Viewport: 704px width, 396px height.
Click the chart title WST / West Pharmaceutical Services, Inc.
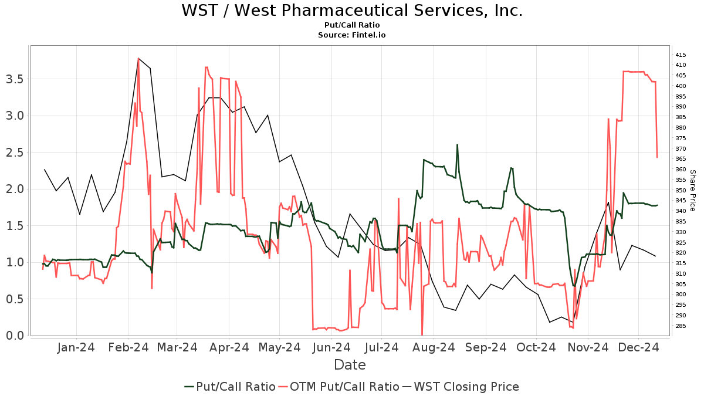pos(351,11)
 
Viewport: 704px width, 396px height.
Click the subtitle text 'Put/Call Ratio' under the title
pos(351,25)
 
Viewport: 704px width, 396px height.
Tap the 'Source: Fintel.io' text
pos(351,35)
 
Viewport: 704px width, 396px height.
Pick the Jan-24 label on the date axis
pos(77,348)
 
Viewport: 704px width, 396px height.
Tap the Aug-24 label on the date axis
pos(435,348)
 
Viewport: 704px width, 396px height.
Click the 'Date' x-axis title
pos(350,365)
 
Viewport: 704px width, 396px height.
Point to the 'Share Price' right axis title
pos(692,191)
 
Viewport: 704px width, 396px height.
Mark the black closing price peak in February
pos(138,59)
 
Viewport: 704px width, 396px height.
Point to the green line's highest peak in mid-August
pos(457,145)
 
